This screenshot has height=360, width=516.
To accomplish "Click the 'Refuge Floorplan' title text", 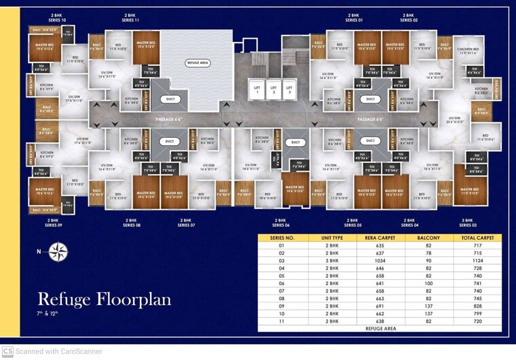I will [x=104, y=299].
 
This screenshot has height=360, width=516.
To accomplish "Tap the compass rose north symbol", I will [x=58, y=253].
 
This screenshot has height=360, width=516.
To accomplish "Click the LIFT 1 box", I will [x=257, y=90].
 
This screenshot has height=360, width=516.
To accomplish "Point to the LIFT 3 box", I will [x=289, y=90].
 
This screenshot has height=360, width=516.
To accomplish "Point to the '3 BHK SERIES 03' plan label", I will [x=468, y=222].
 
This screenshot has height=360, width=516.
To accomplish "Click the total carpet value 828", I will [x=477, y=306].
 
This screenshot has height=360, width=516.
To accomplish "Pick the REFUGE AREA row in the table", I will [x=379, y=328].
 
